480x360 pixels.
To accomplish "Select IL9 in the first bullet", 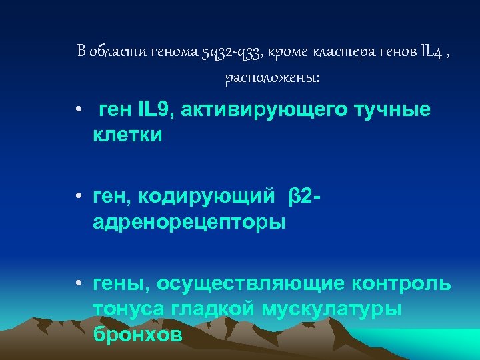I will [152, 111].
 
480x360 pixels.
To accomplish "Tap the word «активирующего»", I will [261, 111].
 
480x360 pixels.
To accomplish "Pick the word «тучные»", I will [393, 111].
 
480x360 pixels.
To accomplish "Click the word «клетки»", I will [127, 135].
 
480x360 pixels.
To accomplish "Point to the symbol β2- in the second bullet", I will [306, 197].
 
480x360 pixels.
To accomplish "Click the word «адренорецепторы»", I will [189, 223].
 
